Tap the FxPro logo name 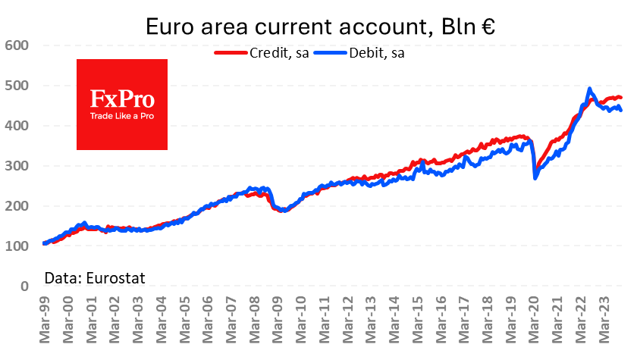[x=122, y=99]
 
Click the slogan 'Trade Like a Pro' [x=122, y=116]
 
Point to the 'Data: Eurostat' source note [x=95, y=277]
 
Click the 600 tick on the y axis [x=16, y=45]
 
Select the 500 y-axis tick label [x=16, y=86]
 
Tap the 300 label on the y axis [x=16, y=166]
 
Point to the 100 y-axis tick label [x=16, y=246]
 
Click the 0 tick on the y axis [x=24, y=286]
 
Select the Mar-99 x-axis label [x=45, y=322]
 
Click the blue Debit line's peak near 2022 [x=589, y=89]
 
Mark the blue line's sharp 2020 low [x=535, y=178]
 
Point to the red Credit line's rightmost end [x=621, y=97]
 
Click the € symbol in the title [x=485, y=27]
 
